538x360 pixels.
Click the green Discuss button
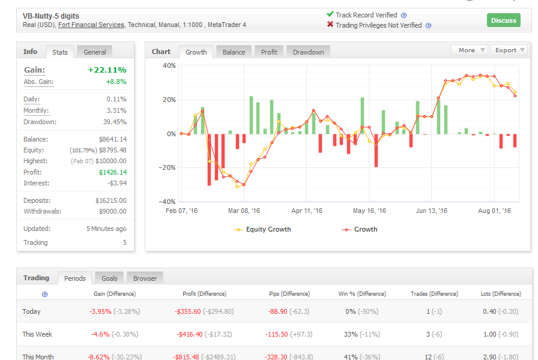tap(503, 20)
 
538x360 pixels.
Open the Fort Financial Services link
tap(91, 25)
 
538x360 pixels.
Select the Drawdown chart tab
tap(308, 52)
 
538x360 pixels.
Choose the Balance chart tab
tap(234, 52)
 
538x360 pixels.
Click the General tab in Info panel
tap(95, 52)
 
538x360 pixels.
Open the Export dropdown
tap(510, 50)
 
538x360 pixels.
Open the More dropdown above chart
tap(470, 50)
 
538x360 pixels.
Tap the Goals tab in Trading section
tap(109, 278)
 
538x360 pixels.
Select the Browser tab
tap(145, 278)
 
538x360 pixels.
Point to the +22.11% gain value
tap(107, 70)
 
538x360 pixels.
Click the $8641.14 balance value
tap(112, 139)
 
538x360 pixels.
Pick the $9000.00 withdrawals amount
tap(112, 211)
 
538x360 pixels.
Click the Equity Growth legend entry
tap(262, 229)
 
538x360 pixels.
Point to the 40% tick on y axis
tap(169, 65)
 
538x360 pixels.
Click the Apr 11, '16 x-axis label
tap(307, 211)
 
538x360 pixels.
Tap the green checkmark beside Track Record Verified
tap(330, 14)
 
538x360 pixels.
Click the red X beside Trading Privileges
tap(330, 25)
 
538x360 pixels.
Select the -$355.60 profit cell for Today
tap(188, 311)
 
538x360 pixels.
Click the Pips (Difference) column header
tap(289, 294)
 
